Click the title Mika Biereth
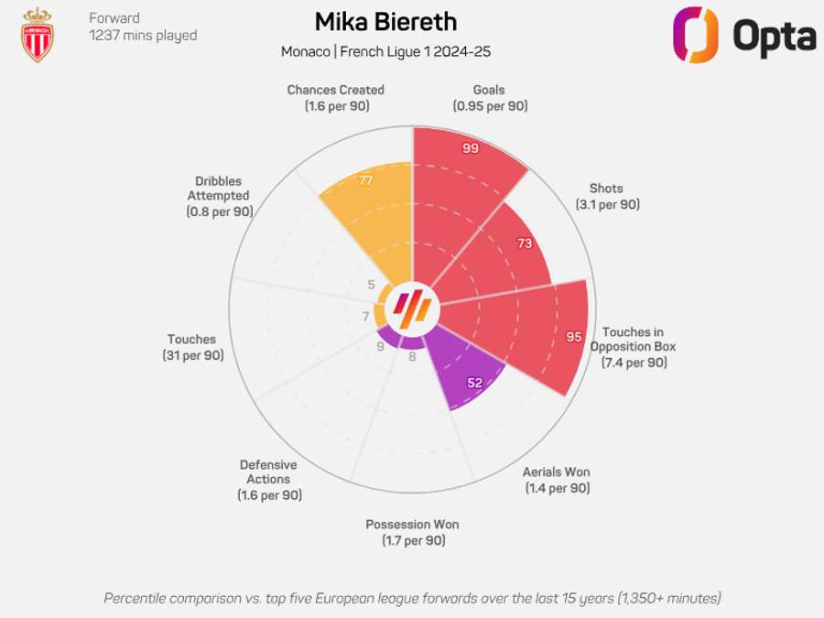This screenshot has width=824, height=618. (385, 22)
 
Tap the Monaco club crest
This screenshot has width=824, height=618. (38, 35)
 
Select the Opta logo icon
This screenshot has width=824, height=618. (695, 35)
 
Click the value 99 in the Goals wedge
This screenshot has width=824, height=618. (471, 148)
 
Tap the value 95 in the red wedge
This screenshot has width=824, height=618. (573, 337)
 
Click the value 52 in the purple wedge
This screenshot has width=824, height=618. (474, 383)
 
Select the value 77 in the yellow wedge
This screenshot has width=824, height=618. (366, 180)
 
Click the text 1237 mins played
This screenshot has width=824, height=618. (143, 36)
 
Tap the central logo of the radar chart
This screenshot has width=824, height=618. (412, 309)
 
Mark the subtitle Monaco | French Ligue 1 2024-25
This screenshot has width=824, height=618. (385, 51)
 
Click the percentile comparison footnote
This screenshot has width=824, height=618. (412, 598)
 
